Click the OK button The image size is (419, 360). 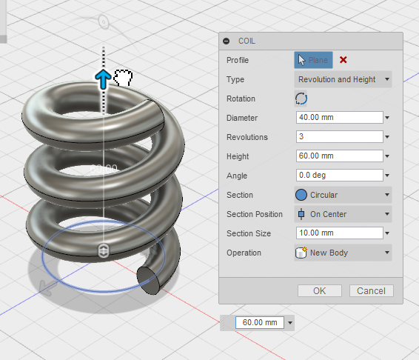(319, 291)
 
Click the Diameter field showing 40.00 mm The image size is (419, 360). (338, 118)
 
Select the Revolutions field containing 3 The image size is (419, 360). (338, 137)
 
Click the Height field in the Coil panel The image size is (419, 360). (338, 156)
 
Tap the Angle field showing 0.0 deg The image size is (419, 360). (338, 176)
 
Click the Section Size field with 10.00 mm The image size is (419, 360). (338, 233)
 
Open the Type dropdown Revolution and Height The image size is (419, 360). (343, 79)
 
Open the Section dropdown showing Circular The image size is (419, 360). (343, 195)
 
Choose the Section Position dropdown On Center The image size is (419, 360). (343, 214)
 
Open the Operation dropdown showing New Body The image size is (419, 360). (343, 253)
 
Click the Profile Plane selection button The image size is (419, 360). (313, 60)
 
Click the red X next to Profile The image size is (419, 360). (343, 60)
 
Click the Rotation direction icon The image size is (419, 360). (301, 99)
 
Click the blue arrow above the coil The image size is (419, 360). (103, 79)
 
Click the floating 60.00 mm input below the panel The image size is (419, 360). (259, 322)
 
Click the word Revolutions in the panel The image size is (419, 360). (247, 137)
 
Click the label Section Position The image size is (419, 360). (254, 214)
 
